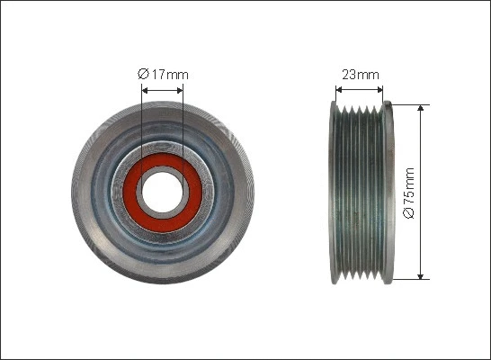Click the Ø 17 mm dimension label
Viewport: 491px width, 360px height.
(x=163, y=75)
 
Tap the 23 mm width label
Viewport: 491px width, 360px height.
(x=361, y=75)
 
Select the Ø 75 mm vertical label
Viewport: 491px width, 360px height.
(x=409, y=193)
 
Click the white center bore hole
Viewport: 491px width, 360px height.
(x=162, y=193)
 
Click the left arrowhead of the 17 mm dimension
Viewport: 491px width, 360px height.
(x=145, y=91)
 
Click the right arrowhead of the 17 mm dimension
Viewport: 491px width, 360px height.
(x=180, y=91)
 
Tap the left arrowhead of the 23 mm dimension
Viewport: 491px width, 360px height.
(x=338, y=90)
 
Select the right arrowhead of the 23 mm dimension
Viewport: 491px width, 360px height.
(x=379, y=90)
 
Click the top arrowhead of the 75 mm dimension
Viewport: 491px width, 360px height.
(x=421, y=108)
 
